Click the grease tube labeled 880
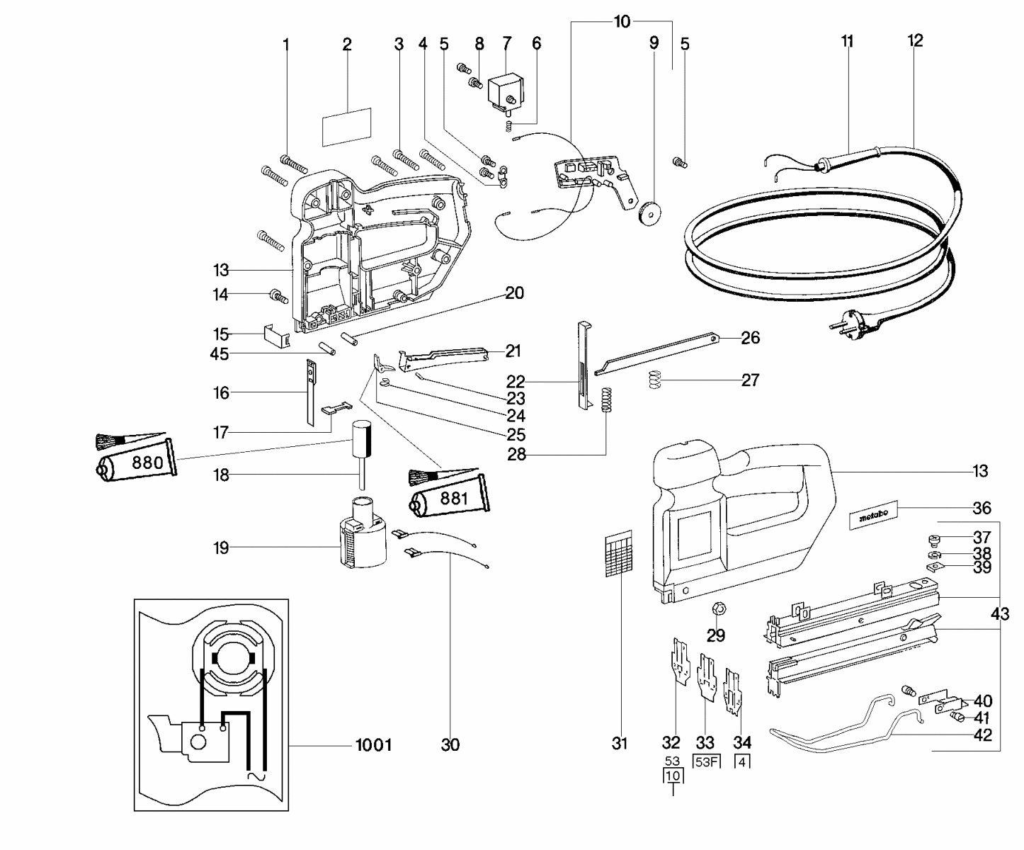[135, 463]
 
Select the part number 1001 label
[372, 744]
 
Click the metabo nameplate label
[873, 516]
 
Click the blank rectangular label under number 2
[347, 126]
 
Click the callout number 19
[222, 548]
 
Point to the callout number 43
[999, 614]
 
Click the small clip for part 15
[278, 334]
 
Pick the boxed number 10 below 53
[673, 776]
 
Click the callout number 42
[982, 735]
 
